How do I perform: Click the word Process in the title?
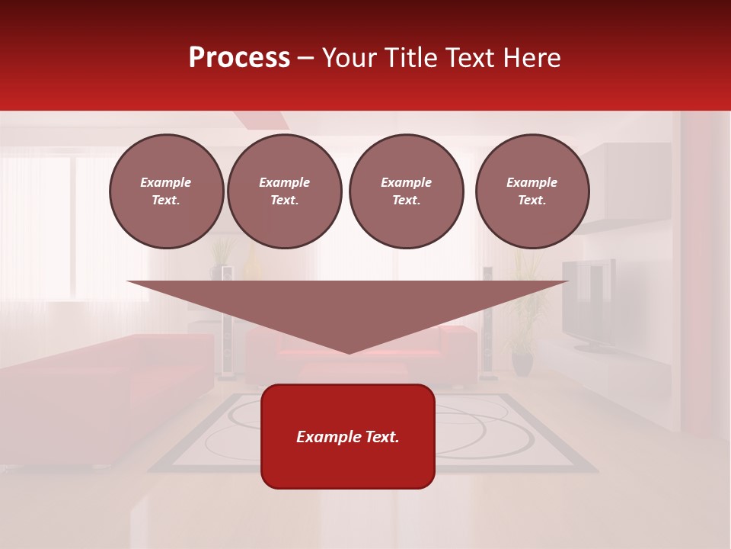coord(239,58)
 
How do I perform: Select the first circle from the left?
coord(166,191)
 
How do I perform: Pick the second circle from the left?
coord(284,191)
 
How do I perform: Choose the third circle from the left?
coord(406,191)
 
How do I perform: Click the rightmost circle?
coord(531,191)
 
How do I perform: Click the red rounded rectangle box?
coord(348,465)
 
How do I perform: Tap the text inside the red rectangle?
coord(348,437)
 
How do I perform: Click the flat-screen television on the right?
coord(589,305)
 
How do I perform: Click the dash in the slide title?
coord(306,58)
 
